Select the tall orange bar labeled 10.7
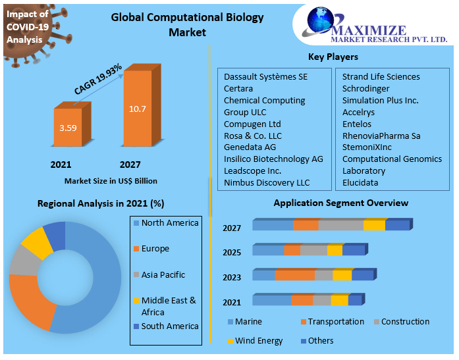(138, 109)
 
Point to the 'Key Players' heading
(333, 57)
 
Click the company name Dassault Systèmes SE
(265, 76)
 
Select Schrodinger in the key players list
(365, 88)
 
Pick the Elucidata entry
(360, 182)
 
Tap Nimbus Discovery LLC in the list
(266, 182)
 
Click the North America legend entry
(169, 223)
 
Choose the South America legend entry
(169, 326)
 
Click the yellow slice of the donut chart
(38, 244)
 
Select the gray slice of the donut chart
(24, 261)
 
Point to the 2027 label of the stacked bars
(231, 228)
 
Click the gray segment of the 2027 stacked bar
(340, 225)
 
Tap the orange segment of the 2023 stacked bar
(294, 275)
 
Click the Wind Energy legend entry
(258, 341)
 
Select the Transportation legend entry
(335, 322)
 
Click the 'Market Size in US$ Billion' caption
(111, 180)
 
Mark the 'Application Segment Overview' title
(340, 203)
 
